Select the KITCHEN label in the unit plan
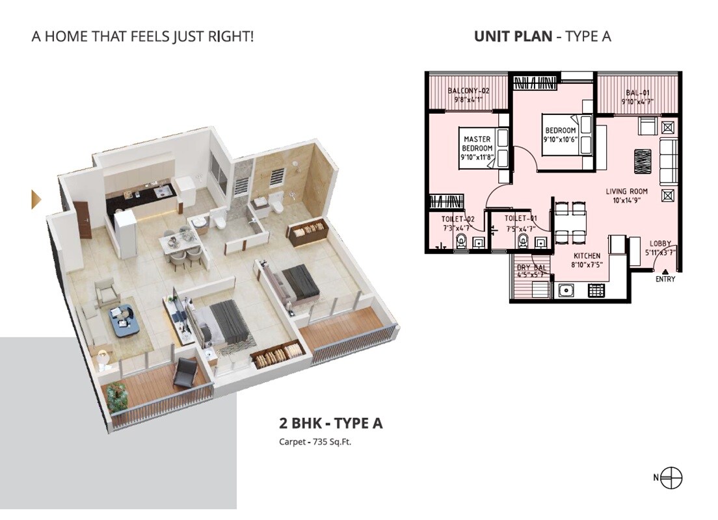587,256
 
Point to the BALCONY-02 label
468,91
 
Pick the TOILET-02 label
458,219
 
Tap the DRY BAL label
530,267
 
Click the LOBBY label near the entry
659,244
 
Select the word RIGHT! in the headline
230,36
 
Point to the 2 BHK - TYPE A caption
331,424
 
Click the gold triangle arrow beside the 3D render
36,199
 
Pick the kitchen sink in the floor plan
563,291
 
